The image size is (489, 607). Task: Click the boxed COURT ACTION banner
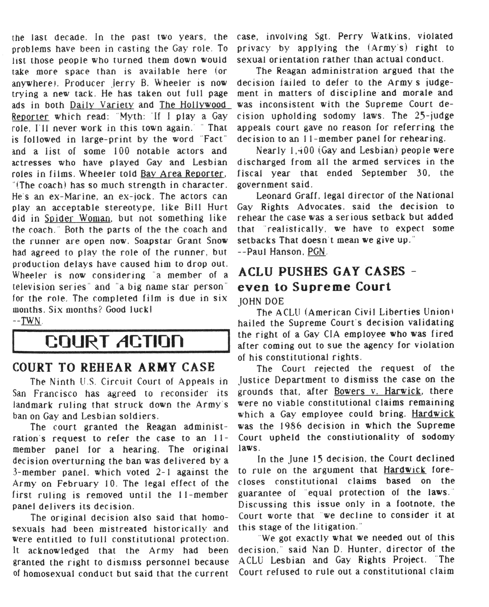coord(121,341)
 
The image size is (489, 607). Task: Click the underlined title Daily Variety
coord(102,105)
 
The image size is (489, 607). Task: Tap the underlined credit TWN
coord(31,321)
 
